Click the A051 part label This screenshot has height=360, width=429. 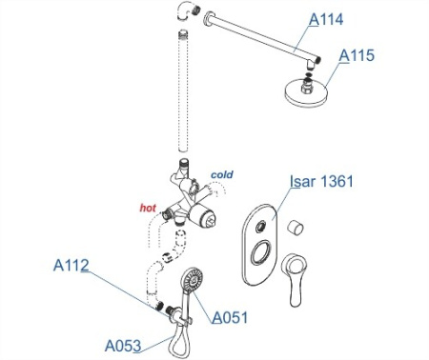point(230,317)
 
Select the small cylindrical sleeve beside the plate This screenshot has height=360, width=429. point(297,228)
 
